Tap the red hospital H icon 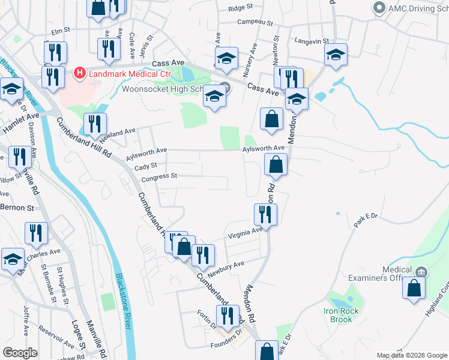coord(78,73)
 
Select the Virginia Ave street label coord(245,233)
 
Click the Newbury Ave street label coord(230,265)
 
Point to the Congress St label coord(159,176)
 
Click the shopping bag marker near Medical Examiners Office coord(414,288)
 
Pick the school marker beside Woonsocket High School coord(214,96)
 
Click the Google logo coord(20,353)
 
